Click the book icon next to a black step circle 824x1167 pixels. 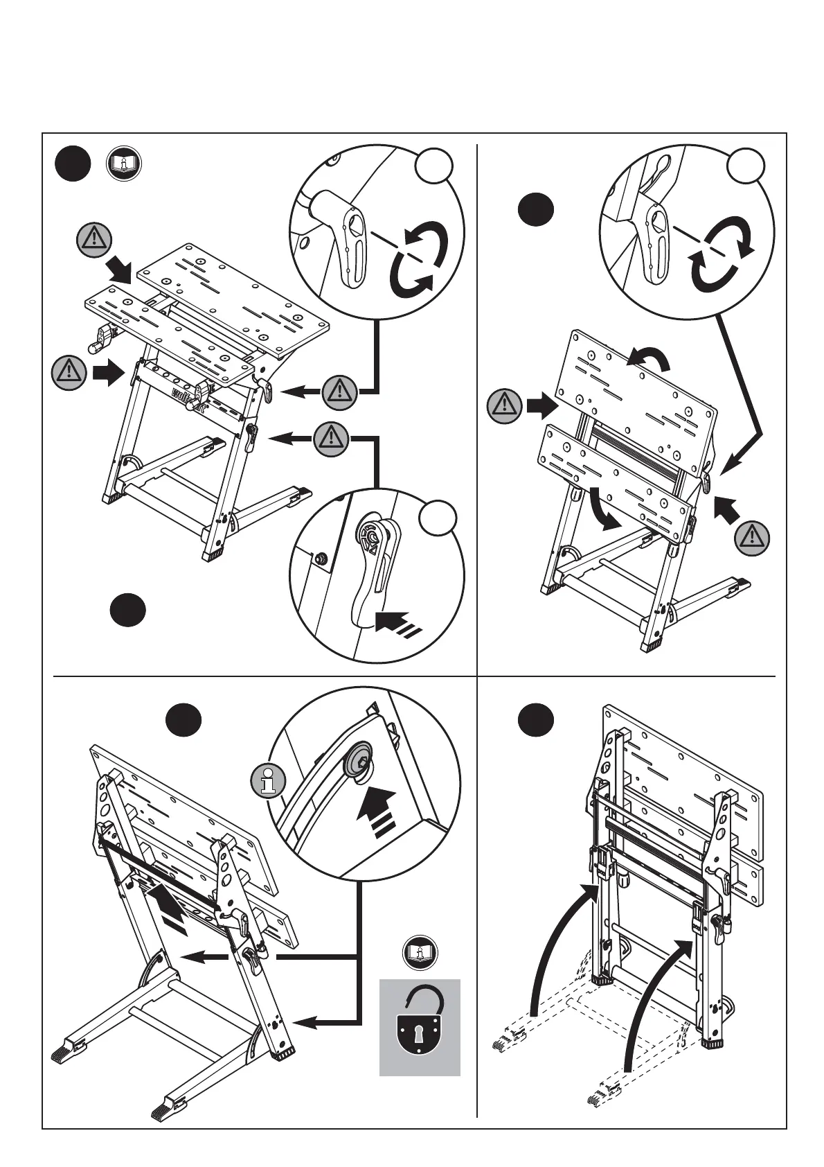click(123, 164)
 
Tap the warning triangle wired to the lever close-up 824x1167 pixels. click(331, 438)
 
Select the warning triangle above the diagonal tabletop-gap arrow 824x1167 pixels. click(93, 239)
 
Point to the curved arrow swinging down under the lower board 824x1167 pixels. click(602, 509)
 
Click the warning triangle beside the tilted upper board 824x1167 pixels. click(504, 406)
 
